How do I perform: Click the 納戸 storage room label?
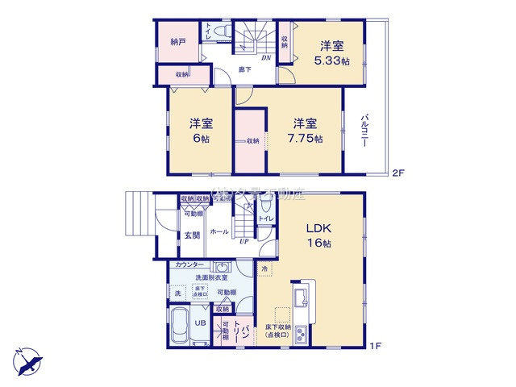(x=177, y=41)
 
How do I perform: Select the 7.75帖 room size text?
(x=307, y=139)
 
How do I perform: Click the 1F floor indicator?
(x=375, y=346)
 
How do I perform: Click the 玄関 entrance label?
(x=191, y=235)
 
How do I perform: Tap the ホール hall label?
(x=218, y=231)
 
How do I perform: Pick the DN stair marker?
(x=264, y=58)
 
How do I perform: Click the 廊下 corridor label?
(x=245, y=70)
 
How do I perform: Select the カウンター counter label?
(x=190, y=264)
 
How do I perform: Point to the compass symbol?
(x=27, y=357)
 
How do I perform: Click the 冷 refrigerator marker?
(x=265, y=268)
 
